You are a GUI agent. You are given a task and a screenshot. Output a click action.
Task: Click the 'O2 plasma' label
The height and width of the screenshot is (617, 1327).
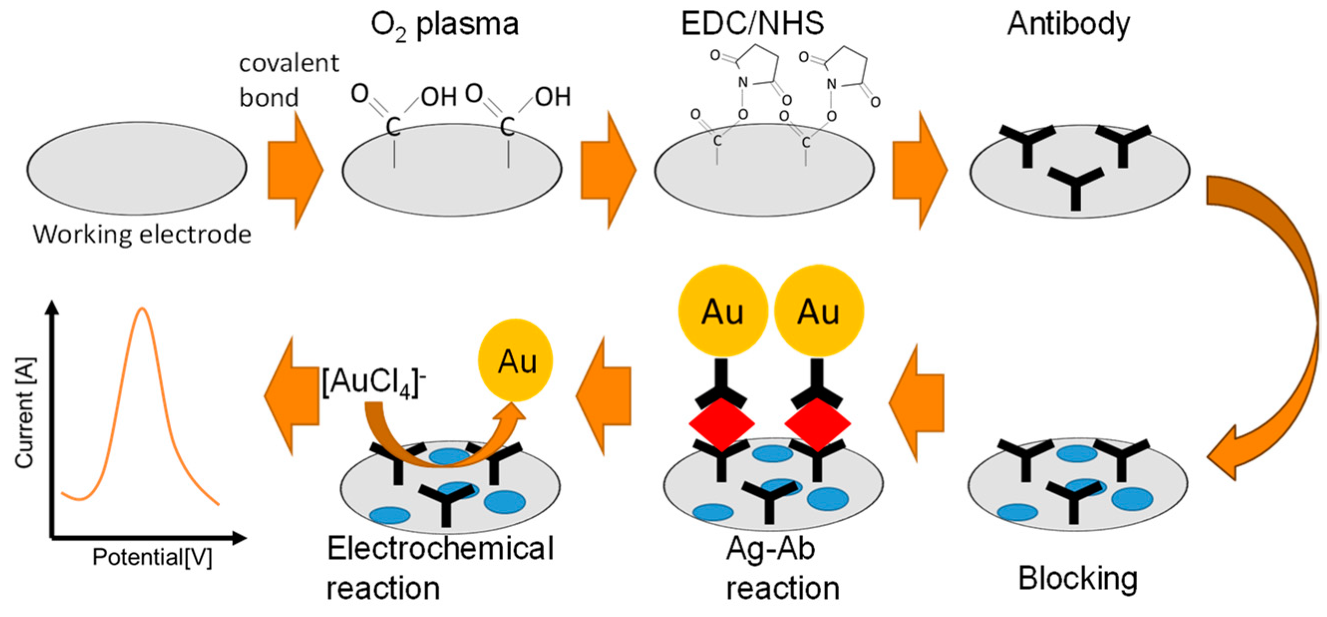444,25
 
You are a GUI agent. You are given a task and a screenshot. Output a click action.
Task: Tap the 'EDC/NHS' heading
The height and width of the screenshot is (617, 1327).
752,24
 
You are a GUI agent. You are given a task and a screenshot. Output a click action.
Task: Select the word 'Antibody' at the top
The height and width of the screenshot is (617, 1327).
1068,24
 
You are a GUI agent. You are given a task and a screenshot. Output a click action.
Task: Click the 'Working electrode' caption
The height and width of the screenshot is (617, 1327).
142,235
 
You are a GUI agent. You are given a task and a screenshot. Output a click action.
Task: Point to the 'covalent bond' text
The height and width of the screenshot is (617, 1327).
289,80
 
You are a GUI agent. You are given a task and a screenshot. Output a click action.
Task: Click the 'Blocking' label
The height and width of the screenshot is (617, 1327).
1078,578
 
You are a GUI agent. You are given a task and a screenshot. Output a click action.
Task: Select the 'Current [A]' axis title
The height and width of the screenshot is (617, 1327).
25,412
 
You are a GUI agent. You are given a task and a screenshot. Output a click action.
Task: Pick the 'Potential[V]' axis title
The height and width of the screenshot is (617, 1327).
152,557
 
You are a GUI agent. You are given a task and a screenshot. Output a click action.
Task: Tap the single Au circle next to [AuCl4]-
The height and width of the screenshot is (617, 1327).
516,360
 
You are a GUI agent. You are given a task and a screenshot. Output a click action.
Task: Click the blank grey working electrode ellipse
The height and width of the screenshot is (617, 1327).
137,169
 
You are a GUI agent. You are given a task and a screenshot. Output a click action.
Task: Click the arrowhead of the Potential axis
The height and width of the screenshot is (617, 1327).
240,538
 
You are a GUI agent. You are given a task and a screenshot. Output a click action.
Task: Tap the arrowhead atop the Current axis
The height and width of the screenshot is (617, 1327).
52,307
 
